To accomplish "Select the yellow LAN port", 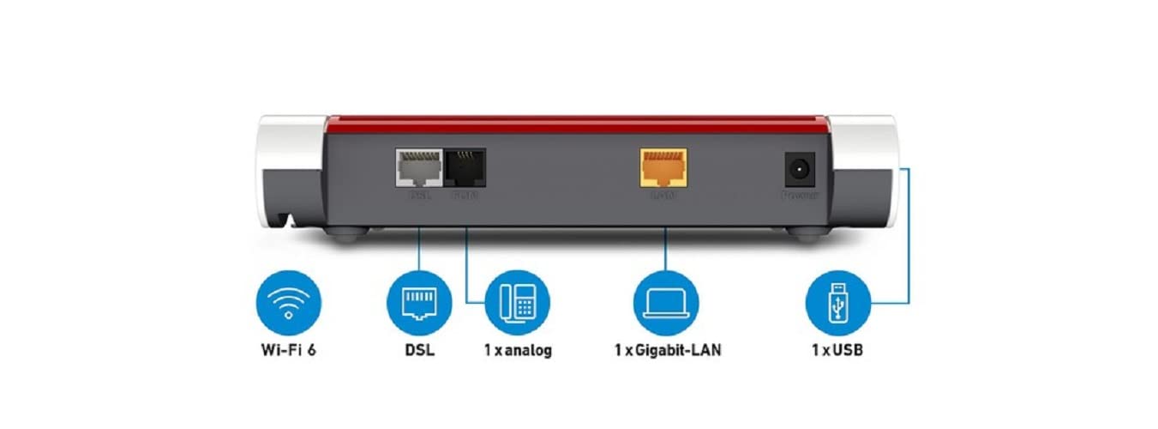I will tap(663, 166).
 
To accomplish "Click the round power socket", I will tap(799, 170).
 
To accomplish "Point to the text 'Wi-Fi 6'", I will tap(289, 351).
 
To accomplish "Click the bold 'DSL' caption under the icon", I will tap(419, 351).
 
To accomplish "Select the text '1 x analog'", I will tap(518, 351).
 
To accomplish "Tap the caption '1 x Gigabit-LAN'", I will tap(667, 351).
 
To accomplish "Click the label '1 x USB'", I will tap(838, 351).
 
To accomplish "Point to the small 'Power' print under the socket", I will tap(799, 196).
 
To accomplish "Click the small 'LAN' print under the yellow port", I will tap(663, 196).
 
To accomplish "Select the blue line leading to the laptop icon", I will tap(666, 249).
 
